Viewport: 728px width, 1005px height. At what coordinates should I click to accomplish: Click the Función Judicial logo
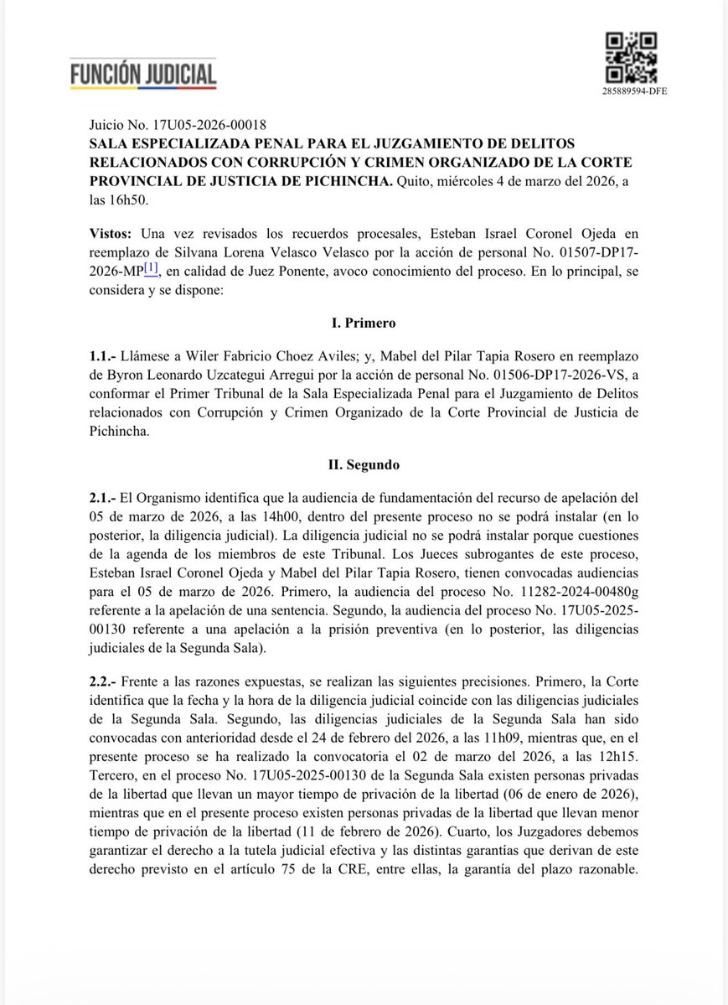click(143, 74)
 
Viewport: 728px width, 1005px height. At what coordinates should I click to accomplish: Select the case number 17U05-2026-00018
click(191, 123)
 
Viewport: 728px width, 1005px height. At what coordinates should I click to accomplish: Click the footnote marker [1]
click(151, 268)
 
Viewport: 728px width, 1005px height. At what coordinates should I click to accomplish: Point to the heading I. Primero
click(364, 323)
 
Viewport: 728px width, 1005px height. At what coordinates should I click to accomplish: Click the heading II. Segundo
click(364, 464)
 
